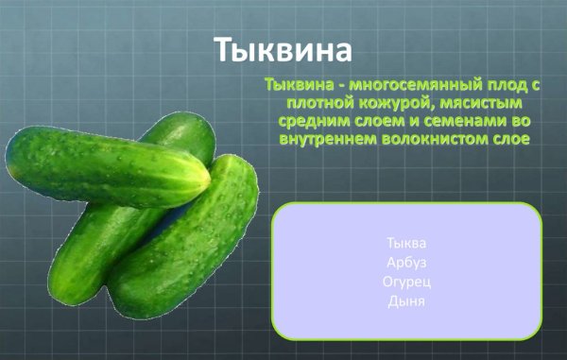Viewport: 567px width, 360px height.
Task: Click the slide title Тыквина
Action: (x=283, y=49)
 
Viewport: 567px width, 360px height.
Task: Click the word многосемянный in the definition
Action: (x=403, y=84)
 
